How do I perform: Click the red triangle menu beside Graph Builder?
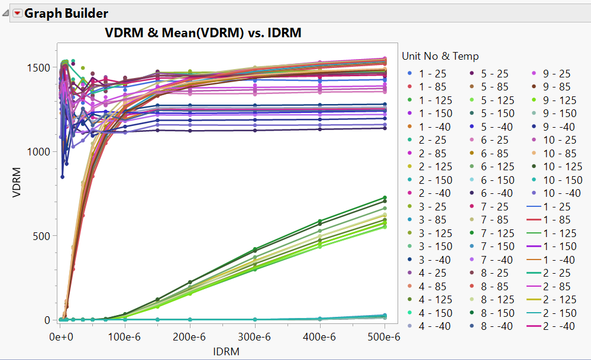coord(18,13)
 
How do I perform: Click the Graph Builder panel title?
coord(66,13)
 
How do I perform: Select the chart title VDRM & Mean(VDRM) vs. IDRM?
coord(204,33)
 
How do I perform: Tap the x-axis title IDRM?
coord(227,351)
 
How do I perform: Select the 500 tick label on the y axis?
coord(43,235)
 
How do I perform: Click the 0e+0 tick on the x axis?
coord(62,337)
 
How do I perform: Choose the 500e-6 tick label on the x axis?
coord(384,337)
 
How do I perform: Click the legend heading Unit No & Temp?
coord(440,56)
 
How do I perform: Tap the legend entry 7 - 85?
coord(498,220)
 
